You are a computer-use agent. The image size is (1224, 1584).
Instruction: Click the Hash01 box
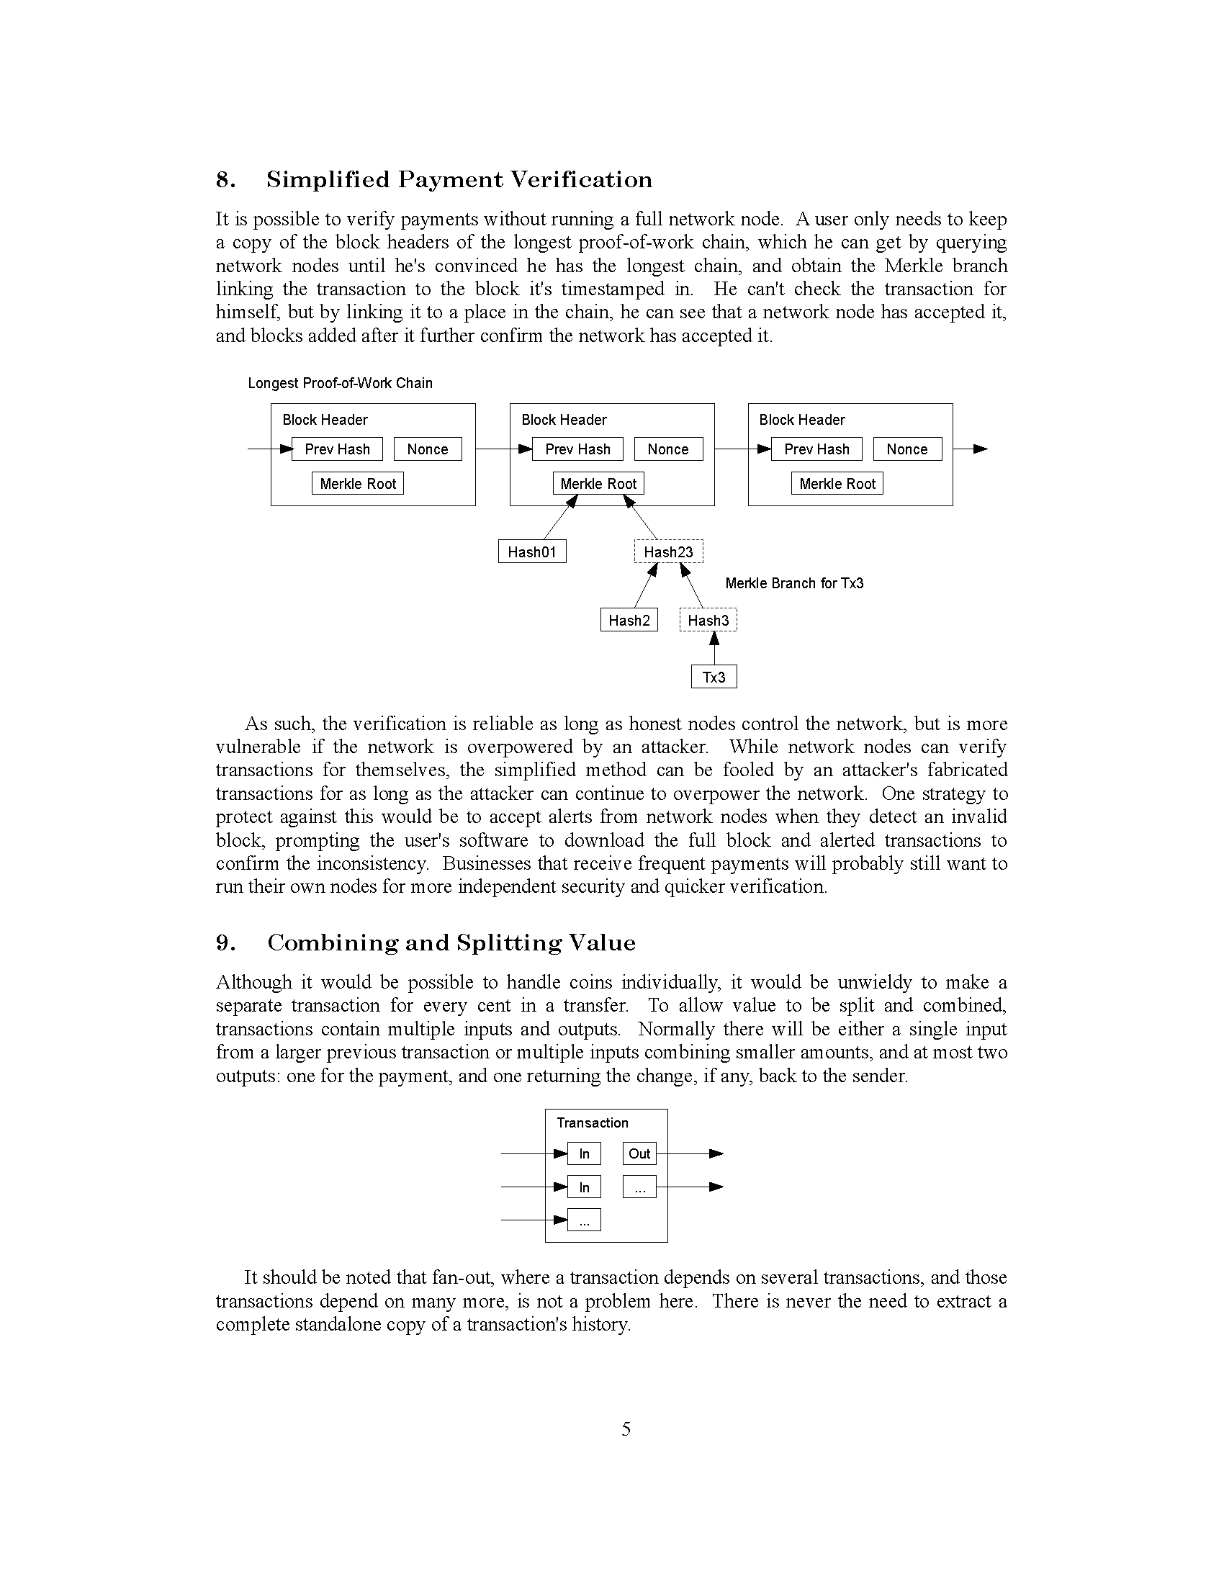(x=531, y=552)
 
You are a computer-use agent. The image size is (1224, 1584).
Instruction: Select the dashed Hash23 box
(x=669, y=552)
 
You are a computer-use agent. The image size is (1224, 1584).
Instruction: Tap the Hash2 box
(x=629, y=620)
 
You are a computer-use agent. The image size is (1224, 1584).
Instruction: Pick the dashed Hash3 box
(x=708, y=620)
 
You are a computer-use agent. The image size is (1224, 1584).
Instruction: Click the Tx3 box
(x=714, y=677)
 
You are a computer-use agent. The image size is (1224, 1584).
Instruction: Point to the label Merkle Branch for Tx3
(x=794, y=583)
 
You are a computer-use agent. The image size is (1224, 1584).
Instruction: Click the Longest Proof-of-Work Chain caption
(x=340, y=383)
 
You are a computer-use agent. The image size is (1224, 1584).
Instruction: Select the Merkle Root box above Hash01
(x=598, y=484)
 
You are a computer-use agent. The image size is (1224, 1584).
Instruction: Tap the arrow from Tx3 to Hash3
(x=714, y=648)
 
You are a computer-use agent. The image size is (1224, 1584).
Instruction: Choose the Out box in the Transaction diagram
(x=639, y=1154)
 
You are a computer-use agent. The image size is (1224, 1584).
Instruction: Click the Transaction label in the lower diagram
(x=593, y=1122)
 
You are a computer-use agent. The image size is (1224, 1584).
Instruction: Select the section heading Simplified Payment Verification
(x=459, y=180)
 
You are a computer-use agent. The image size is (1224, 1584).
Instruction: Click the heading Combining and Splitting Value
(x=451, y=943)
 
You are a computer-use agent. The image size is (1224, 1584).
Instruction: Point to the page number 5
(x=626, y=1429)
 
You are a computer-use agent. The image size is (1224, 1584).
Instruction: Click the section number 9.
(x=225, y=943)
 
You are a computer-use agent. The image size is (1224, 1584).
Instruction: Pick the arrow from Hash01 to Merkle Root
(x=559, y=518)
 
